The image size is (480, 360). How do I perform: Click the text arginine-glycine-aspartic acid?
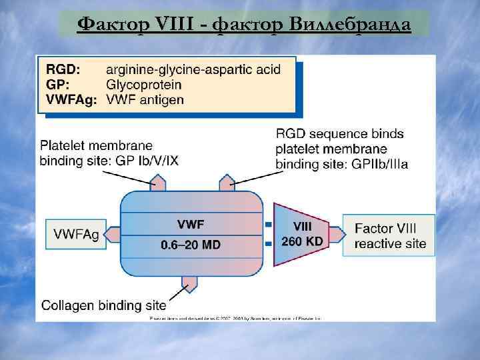point(193,69)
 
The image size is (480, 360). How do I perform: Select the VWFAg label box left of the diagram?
point(76,234)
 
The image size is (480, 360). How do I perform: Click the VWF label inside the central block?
point(191,223)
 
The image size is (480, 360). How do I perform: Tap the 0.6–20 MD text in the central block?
point(191,245)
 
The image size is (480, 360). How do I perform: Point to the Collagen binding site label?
point(103,305)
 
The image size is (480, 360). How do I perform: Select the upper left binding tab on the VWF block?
point(158,182)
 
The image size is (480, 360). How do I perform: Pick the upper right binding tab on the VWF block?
point(227,182)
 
